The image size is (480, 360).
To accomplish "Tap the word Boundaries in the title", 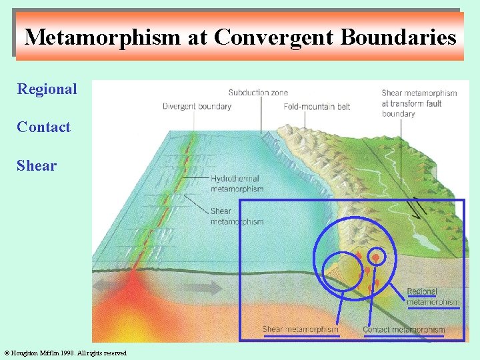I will pos(398,37).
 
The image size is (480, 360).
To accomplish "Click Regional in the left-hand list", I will pos(47,89).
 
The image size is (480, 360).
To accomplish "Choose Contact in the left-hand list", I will pos(43,127).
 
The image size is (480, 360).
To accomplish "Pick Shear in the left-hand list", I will pos(37,165).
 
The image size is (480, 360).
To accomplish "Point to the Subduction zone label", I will pos(258,93).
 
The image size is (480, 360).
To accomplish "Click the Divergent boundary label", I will pos(197,106).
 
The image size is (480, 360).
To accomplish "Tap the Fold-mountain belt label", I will pos(316,106).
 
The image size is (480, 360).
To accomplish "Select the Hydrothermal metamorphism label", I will pos(237,184).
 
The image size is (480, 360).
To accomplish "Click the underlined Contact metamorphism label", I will pos(403,329).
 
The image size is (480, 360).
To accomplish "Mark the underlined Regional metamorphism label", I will pos(432,297).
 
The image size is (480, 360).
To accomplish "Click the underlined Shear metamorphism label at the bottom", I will pos(300,329).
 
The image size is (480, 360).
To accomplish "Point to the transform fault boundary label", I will pos(419,103).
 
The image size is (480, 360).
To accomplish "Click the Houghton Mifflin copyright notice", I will pos(65,353).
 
